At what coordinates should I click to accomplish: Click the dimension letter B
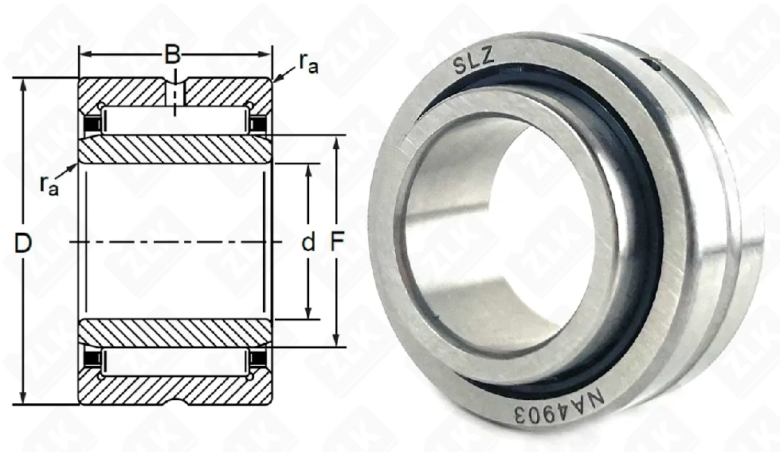[x=172, y=55]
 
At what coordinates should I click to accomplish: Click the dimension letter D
[x=23, y=243]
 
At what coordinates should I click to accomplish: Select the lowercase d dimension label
[x=308, y=243]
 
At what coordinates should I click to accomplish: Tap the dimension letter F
[x=337, y=242]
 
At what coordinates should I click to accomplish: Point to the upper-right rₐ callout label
[x=308, y=63]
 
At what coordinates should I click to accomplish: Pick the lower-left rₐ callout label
[x=49, y=185]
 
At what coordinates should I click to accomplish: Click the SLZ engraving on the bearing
[x=473, y=63]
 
